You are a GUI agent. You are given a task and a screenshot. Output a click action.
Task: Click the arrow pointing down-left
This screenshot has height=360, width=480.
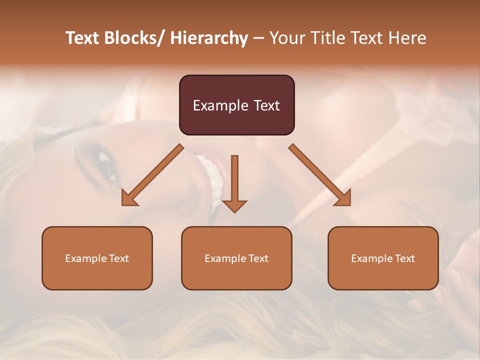tap(153, 175)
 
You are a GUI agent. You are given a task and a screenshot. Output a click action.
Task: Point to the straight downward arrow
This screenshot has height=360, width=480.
tap(234, 182)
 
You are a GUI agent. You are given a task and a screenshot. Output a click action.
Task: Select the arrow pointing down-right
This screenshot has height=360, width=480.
tap(320, 175)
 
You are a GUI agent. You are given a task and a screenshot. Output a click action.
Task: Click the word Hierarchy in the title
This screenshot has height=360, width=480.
tap(209, 38)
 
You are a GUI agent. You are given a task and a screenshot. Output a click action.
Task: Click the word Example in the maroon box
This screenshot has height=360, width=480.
tap(220, 106)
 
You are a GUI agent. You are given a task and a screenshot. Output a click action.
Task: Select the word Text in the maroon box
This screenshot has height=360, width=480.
tap(266, 106)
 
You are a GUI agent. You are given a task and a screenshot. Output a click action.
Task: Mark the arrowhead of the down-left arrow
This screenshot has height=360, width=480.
tap(128, 198)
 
